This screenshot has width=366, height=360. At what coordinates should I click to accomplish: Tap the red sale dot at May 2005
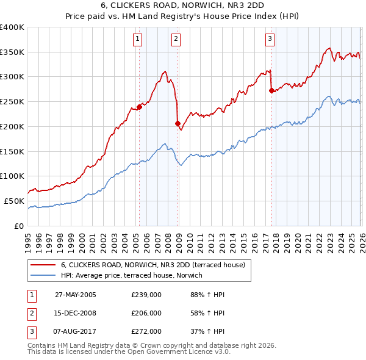point(139,107)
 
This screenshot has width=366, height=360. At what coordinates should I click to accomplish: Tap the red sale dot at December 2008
point(178,123)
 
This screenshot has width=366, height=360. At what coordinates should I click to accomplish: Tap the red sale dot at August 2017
point(271,90)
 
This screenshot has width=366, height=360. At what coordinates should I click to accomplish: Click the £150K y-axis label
point(12,151)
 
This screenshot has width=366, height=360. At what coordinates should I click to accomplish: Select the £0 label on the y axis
point(18,226)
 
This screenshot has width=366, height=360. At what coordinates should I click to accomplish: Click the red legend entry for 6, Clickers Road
point(152,265)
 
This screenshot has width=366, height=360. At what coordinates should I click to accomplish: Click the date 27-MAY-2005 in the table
point(76,294)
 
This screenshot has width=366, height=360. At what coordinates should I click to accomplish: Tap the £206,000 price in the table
point(146,313)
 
